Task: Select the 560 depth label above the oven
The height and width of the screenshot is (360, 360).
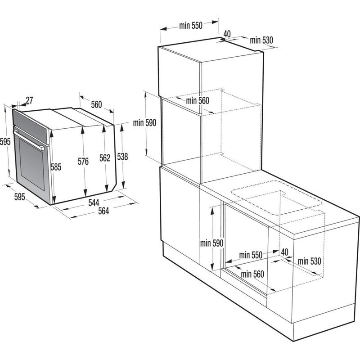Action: [x=96, y=105]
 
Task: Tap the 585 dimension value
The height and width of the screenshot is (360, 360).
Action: [x=55, y=167]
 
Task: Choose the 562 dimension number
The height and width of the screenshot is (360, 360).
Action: [x=104, y=158]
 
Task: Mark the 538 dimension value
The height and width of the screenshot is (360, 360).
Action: [x=122, y=157]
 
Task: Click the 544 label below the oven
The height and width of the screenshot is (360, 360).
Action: [x=94, y=203]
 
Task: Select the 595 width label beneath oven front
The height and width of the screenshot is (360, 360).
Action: [x=19, y=197]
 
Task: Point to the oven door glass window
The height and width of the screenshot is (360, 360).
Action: [x=31, y=164]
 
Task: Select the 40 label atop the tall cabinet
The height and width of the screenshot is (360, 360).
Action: [x=227, y=33]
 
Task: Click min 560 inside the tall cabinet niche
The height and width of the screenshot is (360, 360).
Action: [x=198, y=101]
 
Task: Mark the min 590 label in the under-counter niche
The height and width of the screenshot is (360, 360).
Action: [x=212, y=243]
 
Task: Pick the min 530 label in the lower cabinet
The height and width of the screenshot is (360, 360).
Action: [x=309, y=261]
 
